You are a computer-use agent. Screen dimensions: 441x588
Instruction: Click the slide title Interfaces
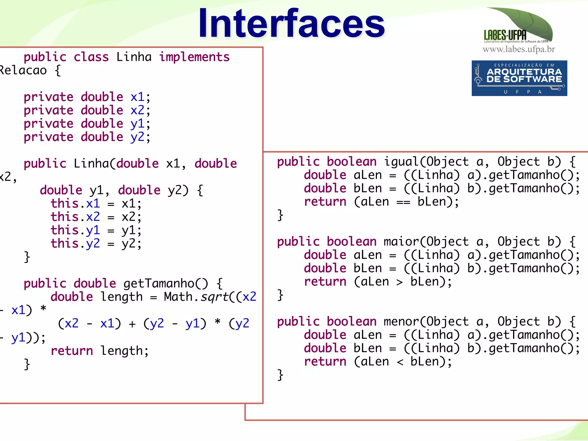coord(291,24)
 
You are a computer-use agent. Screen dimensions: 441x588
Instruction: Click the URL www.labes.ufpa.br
coord(519,49)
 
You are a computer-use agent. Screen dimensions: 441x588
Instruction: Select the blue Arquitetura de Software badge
coord(519,78)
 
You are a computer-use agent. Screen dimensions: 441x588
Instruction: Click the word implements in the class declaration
coord(194,57)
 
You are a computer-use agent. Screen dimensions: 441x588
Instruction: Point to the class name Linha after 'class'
coord(134,57)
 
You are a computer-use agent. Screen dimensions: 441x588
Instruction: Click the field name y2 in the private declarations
coord(137,137)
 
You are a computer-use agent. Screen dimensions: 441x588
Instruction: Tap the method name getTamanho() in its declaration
coord(166,284)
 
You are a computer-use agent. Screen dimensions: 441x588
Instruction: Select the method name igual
coord(401,162)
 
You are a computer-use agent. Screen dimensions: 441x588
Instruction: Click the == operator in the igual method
coord(403,202)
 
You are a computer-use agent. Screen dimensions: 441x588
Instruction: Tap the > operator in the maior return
coord(399,282)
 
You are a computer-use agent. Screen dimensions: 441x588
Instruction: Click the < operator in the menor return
coord(399,362)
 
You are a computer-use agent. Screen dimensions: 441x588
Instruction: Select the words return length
coord(99,351)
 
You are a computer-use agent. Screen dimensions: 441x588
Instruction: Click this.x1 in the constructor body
coord(75,204)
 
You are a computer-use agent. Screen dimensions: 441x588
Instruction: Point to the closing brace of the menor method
coord(280,375)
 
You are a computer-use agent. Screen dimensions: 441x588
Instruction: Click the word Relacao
coord(23,71)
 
